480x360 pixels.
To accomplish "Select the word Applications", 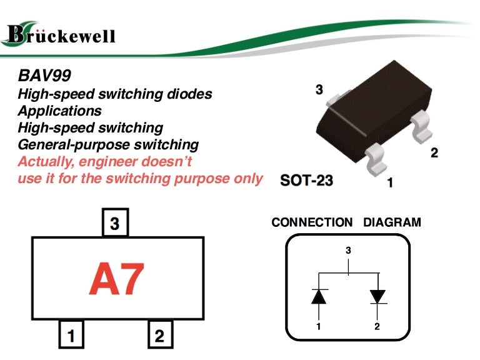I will (x=59, y=111).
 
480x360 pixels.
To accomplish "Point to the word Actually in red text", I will (x=46, y=161).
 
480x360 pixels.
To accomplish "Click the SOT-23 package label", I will (x=306, y=181).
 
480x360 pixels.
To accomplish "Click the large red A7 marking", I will (x=116, y=279).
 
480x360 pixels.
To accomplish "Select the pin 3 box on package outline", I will (x=115, y=223).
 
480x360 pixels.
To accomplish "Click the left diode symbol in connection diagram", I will (x=319, y=296).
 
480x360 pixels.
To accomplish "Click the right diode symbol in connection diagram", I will (x=377, y=296).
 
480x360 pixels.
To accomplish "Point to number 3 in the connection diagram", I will (x=348, y=251).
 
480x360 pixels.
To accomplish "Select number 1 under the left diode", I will (x=319, y=326).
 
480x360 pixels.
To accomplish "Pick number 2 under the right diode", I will (x=377, y=326).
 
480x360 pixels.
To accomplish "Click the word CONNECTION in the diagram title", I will (x=312, y=222).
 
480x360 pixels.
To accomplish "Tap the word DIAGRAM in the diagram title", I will (x=392, y=222).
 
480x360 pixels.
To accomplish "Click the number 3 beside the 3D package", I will (x=319, y=90).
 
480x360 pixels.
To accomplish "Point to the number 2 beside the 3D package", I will (x=434, y=152).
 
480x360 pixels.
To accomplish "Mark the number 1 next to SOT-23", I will (x=390, y=183).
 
